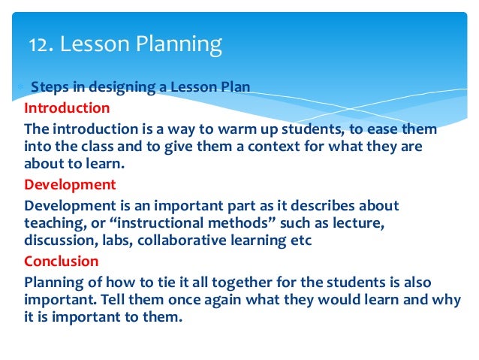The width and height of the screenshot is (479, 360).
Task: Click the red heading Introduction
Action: click(x=66, y=107)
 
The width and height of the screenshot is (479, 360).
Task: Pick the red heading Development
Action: click(x=70, y=185)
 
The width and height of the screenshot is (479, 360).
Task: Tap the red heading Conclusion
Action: click(x=61, y=262)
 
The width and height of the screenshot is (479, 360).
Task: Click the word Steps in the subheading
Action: click(x=49, y=88)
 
